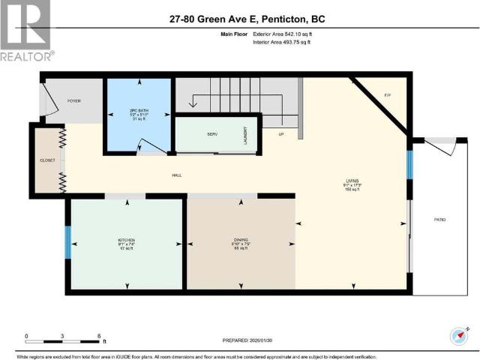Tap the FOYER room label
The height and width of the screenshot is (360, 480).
(74, 100)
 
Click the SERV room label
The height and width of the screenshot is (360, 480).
(212, 134)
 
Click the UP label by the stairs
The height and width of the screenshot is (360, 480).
(281, 134)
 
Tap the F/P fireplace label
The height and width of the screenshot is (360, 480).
(388, 96)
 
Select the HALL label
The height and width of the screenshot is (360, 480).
(177, 175)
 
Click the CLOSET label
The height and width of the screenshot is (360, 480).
(47, 160)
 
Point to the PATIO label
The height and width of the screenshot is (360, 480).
(439, 219)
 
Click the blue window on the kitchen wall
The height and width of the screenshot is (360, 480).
(67, 242)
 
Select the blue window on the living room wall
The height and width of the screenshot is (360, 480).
(409, 165)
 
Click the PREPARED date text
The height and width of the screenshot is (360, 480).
(253, 340)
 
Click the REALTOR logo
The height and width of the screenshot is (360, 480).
(26, 31)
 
